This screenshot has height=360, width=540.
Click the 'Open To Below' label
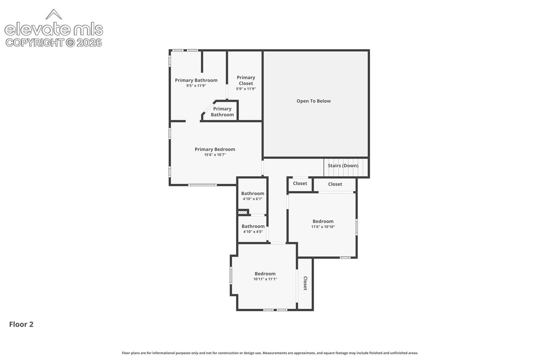pos(314,101)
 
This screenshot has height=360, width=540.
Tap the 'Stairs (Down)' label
pos(343,166)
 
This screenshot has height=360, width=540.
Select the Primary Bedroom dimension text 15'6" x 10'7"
pos(215,155)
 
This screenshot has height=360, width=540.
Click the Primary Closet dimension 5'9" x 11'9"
pos(246,89)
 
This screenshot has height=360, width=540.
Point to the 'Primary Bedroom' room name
pos(215,149)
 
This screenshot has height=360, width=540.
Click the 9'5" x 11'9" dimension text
pos(196,86)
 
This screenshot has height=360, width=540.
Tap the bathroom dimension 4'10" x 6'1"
pos(253,199)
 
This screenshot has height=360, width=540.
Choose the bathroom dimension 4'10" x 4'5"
pos(253,231)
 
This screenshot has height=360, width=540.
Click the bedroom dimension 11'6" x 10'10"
pos(323,226)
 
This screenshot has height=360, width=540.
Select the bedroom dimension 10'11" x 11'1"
pos(265,279)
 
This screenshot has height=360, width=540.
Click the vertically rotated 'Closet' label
pos(305,283)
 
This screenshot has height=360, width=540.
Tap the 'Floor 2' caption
pos(21,324)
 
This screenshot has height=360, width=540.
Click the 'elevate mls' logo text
pos(54,29)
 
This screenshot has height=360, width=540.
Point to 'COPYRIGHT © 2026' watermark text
pos(54,43)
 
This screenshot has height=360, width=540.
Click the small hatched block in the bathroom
pos(243,212)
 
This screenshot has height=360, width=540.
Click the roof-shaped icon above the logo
pos(54,14)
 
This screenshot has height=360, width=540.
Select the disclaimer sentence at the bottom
pos(270,353)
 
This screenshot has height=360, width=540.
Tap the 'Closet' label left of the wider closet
pos(300,183)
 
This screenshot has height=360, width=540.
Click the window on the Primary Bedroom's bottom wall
pos(202,185)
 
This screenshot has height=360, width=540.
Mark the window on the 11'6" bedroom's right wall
pos(356,227)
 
